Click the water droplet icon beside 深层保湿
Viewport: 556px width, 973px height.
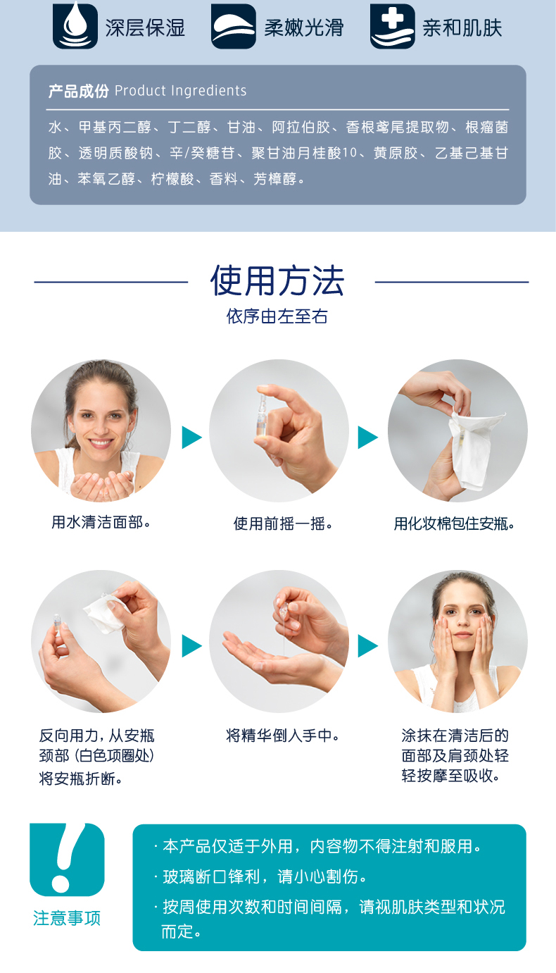tap(75, 26)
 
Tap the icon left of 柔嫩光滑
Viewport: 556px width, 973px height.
tap(234, 26)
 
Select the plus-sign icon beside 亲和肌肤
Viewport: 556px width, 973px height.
tap(393, 26)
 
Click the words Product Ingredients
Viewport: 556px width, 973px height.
tap(181, 91)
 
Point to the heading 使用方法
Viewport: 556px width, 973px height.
tap(277, 280)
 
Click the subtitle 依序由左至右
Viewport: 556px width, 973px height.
tap(277, 316)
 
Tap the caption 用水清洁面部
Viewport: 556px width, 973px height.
tap(101, 522)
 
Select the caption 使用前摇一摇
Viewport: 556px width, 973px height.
tap(283, 523)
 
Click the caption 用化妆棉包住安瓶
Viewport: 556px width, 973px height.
tap(454, 523)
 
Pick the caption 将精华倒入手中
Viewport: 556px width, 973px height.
tap(282, 736)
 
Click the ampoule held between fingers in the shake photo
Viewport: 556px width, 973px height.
tap(262, 411)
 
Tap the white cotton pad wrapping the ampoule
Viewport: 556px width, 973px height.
tap(473, 450)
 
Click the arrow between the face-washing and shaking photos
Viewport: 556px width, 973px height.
tap(191, 437)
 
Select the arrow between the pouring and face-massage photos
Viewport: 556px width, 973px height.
tap(367, 646)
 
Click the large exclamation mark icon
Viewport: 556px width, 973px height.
tap(67, 860)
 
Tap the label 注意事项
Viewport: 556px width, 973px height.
tap(67, 918)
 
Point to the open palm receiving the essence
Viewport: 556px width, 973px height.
tap(274, 660)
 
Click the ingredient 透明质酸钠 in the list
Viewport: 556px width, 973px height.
tap(115, 153)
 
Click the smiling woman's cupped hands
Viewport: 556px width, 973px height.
tap(103, 484)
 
